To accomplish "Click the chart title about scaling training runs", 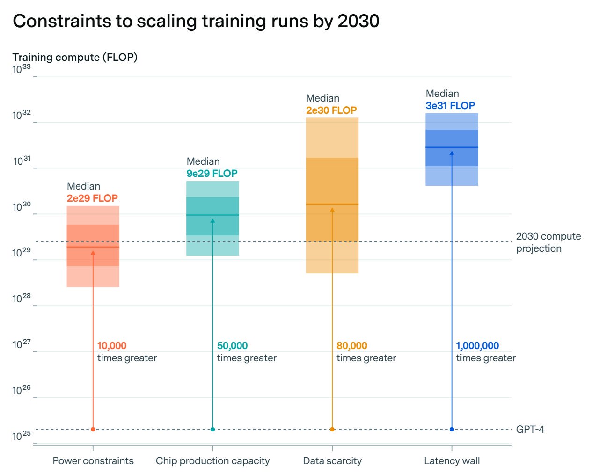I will point(196,21).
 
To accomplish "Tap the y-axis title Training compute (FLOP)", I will point(75,57).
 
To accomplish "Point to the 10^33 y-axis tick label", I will point(22,70).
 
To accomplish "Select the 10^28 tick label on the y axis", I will point(22,299).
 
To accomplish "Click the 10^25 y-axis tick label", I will point(22,436).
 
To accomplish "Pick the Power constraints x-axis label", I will point(93,461).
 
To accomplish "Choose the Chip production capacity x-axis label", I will point(212,461).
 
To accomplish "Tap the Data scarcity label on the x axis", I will point(332,461).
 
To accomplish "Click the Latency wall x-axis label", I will point(452,461).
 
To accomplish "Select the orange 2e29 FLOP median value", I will point(92,198).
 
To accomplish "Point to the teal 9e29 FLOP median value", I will point(212,174).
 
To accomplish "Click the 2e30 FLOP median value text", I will point(331,110).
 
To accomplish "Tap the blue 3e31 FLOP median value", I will point(450,106).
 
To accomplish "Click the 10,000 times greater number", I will point(112,346).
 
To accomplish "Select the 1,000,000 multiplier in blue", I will point(477,346).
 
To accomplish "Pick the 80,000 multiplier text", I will point(352,346).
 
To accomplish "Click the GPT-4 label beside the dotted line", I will point(530,430).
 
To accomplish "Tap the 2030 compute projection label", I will point(548,242).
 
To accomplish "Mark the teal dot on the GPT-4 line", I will point(212,429).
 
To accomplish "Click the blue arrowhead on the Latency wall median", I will point(452,153).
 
